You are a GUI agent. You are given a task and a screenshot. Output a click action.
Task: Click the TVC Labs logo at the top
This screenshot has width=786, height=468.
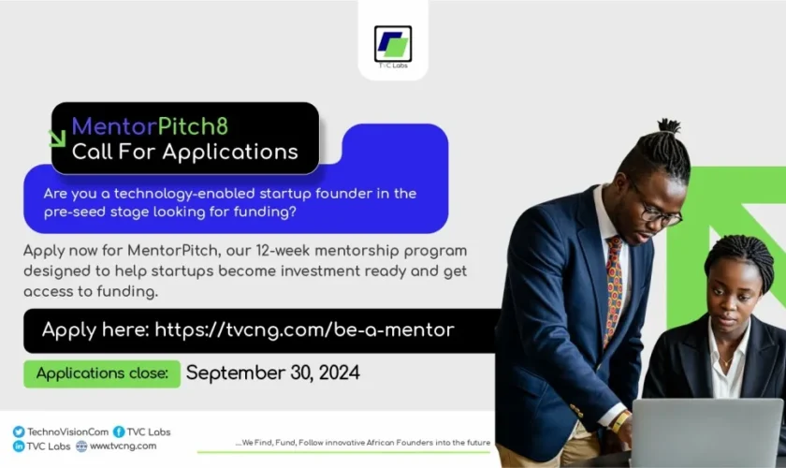[x=393, y=45]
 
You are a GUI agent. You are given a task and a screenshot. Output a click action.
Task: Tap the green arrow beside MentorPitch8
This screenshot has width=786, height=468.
[x=57, y=138]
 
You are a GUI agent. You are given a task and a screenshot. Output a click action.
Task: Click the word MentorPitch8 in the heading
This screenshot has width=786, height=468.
[x=150, y=125]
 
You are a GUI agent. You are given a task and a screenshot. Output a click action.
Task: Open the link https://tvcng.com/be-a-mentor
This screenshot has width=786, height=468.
[x=304, y=329]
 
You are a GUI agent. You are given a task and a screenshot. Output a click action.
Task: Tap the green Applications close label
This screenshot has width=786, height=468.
[x=101, y=373]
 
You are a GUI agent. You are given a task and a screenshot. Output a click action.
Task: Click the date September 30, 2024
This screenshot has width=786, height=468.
[x=272, y=373]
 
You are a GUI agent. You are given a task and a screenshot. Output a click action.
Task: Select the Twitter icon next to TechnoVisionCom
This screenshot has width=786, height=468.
[x=19, y=431]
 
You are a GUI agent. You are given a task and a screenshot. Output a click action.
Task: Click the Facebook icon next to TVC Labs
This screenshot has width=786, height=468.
[x=119, y=431]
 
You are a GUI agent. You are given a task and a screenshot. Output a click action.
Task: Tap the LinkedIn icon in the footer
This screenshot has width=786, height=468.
[x=19, y=446]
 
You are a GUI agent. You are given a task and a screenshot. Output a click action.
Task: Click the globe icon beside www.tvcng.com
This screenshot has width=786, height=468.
[x=81, y=446]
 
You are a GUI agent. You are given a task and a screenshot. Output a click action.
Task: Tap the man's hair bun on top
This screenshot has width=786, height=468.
[x=669, y=127]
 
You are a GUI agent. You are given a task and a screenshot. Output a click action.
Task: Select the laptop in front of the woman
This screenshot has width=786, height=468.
[x=706, y=431]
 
